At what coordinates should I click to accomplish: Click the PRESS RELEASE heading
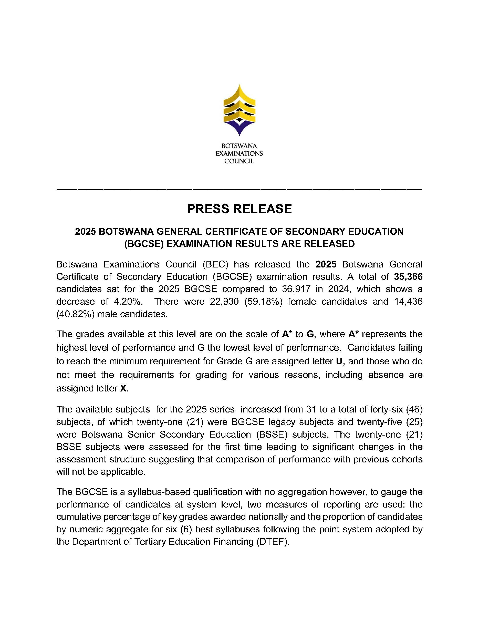pos(239,209)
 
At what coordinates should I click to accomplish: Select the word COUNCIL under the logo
pos(239,161)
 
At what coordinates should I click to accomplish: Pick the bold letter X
pos(123,388)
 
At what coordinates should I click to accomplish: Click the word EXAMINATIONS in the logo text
pos(239,153)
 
